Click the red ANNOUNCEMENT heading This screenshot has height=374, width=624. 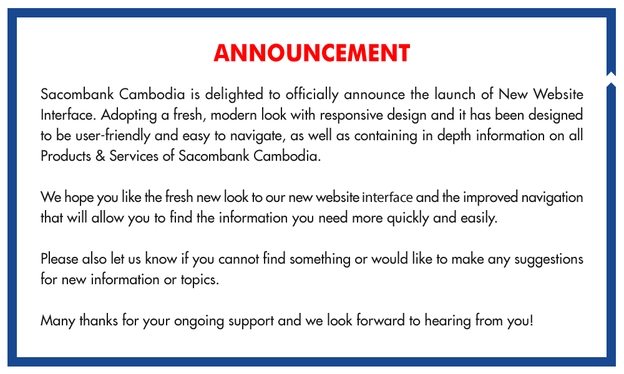pos(311,53)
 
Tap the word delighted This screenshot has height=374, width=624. pos(234,95)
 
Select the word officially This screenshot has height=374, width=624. pos(312,95)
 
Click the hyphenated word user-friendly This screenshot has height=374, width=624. pos(112,136)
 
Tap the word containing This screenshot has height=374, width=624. pos(386,136)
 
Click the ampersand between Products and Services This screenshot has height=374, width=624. pos(100,156)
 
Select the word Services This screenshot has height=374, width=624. pos(134,156)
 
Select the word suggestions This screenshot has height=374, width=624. pos(548,259)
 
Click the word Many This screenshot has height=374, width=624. pos(57,321)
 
